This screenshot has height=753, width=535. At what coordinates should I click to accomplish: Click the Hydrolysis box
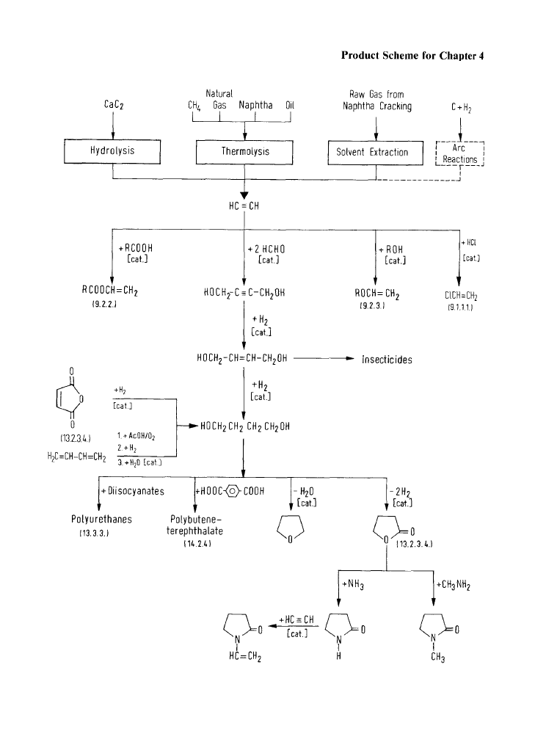pyautogui.click(x=112, y=151)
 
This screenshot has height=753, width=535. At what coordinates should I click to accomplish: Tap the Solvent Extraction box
pyautogui.click(x=376, y=153)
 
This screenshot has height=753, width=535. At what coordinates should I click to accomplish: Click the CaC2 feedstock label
pyautogui.click(x=112, y=105)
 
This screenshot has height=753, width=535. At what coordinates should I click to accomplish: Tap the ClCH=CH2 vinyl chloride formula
pyautogui.click(x=460, y=297)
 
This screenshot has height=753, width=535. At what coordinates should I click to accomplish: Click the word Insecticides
pyautogui.click(x=387, y=360)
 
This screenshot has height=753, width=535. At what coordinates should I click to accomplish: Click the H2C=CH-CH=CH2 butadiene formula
pyautogui.click(x=72, y=457)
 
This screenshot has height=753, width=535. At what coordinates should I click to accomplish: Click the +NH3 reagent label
pyautogui.click(x=353, y=585)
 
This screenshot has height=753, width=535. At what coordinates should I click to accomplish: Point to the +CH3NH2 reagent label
pyautogui.click(x=452, y=585)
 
